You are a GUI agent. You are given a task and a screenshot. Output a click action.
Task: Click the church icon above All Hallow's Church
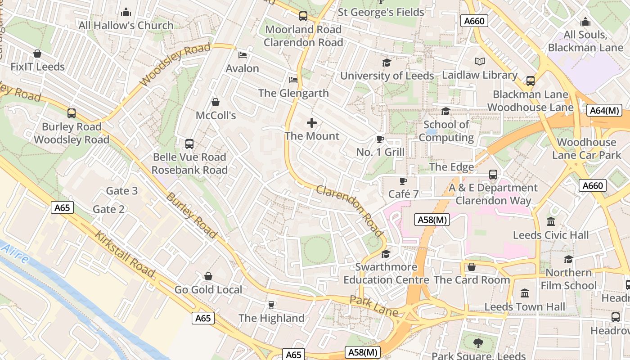pyautogui.click(x=126, y=12)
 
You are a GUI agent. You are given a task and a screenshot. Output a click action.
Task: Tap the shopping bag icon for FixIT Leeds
pyautogui.click(x=37, y=54)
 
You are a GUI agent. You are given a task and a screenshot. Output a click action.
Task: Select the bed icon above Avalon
pyautogui.click(x=242, y=55)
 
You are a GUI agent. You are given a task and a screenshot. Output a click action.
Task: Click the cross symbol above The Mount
pyautogui.click(x=311, y=123)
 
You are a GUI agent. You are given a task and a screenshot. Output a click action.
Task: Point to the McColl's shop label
pyautogui.click(x=216, y=116)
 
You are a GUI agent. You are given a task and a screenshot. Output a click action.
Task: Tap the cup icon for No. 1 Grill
pyautogui.click(x=380, y=139)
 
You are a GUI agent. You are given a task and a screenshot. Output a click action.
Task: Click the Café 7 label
pyautogui.click(x=403, y=194)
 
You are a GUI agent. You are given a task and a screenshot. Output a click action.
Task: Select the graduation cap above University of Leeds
pyautogui.click(x=387, y=63)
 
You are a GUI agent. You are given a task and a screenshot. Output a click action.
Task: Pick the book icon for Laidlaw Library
pyautogui.click(x=480, y=62)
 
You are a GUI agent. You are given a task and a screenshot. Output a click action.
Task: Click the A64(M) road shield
pyautogui.click(x=604, y=110)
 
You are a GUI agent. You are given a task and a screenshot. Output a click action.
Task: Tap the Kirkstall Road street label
pyautogui.click(x=125, y=254)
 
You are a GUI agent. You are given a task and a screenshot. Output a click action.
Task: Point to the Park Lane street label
pyautogui.click(x=373, y=306)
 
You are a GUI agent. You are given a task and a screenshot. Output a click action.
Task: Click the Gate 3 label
pyautogui.click(x=121, y=191)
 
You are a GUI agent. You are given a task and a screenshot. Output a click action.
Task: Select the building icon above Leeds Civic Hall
pyautogui.click(x=550, y=222)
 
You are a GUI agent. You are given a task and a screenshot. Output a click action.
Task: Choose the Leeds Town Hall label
pyautogui.click(x=525, y=307)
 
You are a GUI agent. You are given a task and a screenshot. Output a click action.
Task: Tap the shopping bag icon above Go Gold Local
pyautogui.click(x=208, y=276)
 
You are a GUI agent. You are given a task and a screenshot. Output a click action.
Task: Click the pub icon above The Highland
pyautogui.click(x=271, y=305)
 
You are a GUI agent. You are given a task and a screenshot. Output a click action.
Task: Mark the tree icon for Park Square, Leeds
pyautogui.click(x=478, y=343)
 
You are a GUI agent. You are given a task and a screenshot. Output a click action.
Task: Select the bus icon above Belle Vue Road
pyautogui.click(x=189, y=144)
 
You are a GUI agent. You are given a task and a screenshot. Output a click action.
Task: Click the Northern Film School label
pyautogui.click(x=568, y=279)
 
